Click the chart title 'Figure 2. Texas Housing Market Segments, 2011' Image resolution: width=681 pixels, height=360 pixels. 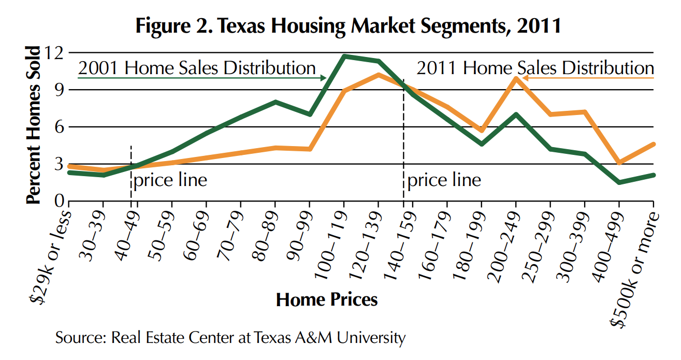click(348, 25)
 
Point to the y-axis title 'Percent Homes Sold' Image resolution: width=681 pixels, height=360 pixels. click(33, 124)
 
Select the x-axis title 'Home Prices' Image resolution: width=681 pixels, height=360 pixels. click(327, 299)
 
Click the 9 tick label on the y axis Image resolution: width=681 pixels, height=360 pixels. click(57, 90)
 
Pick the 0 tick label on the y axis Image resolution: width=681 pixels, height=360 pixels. click(57, 201)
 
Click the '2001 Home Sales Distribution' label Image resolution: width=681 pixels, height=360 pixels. click(197, 68)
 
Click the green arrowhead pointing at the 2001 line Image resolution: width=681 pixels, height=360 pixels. click(324, 78)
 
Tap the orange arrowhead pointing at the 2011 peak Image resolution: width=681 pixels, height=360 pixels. click(524, 78)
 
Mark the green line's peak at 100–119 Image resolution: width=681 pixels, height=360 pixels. click(344, 56)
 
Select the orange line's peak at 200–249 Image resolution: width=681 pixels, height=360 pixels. click(516, 78)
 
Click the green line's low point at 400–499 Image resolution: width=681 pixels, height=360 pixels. click(619, 182)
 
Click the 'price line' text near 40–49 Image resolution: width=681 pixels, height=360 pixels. click(170, 180)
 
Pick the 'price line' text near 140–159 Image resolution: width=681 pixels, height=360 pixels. click(444, 180)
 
